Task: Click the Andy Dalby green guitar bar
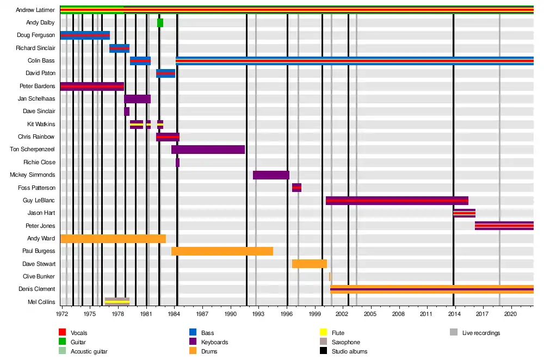(160, 23)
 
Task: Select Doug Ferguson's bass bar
(85, 35)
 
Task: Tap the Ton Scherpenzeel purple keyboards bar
(208, 150)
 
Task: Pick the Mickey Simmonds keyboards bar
(271, 175)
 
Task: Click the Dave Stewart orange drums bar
(309, 264)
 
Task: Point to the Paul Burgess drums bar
(222, 251)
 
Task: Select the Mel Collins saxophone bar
(117, 301)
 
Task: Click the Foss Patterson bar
(296, 188)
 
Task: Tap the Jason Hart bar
(464, 213)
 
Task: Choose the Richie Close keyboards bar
(177, 163)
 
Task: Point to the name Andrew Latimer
(35, 10)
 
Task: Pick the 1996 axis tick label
(287, 314)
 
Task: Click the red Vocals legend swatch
(62, 333)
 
